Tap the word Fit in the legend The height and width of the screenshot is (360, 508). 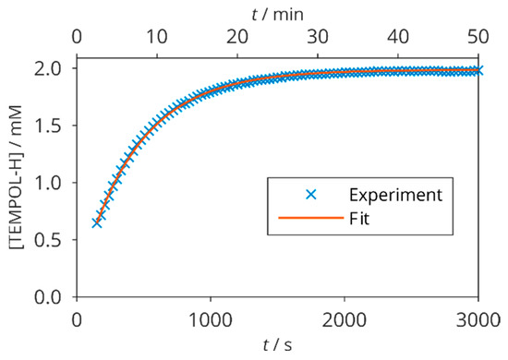pyautogui.click(x=360, y=220)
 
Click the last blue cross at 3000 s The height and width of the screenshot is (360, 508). pyautogui.click(x=478, y=70)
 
